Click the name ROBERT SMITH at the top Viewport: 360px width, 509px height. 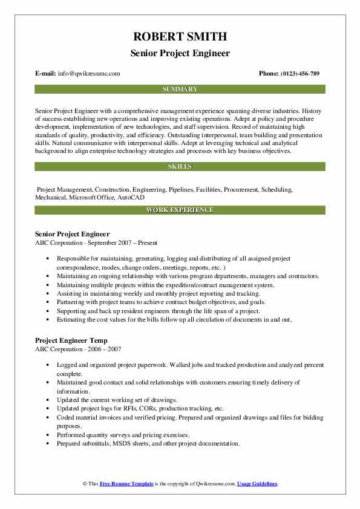tap(180, 36)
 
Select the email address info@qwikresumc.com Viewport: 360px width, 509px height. tap(89, 74)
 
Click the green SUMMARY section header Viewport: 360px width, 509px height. tap(180, 89)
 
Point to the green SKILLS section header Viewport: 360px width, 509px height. tap(180, 166)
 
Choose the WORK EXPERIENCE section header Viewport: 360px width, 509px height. tap(180, 210)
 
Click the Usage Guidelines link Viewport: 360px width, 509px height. tap(257, 484)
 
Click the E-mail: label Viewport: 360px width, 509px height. tap(46, 74)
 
